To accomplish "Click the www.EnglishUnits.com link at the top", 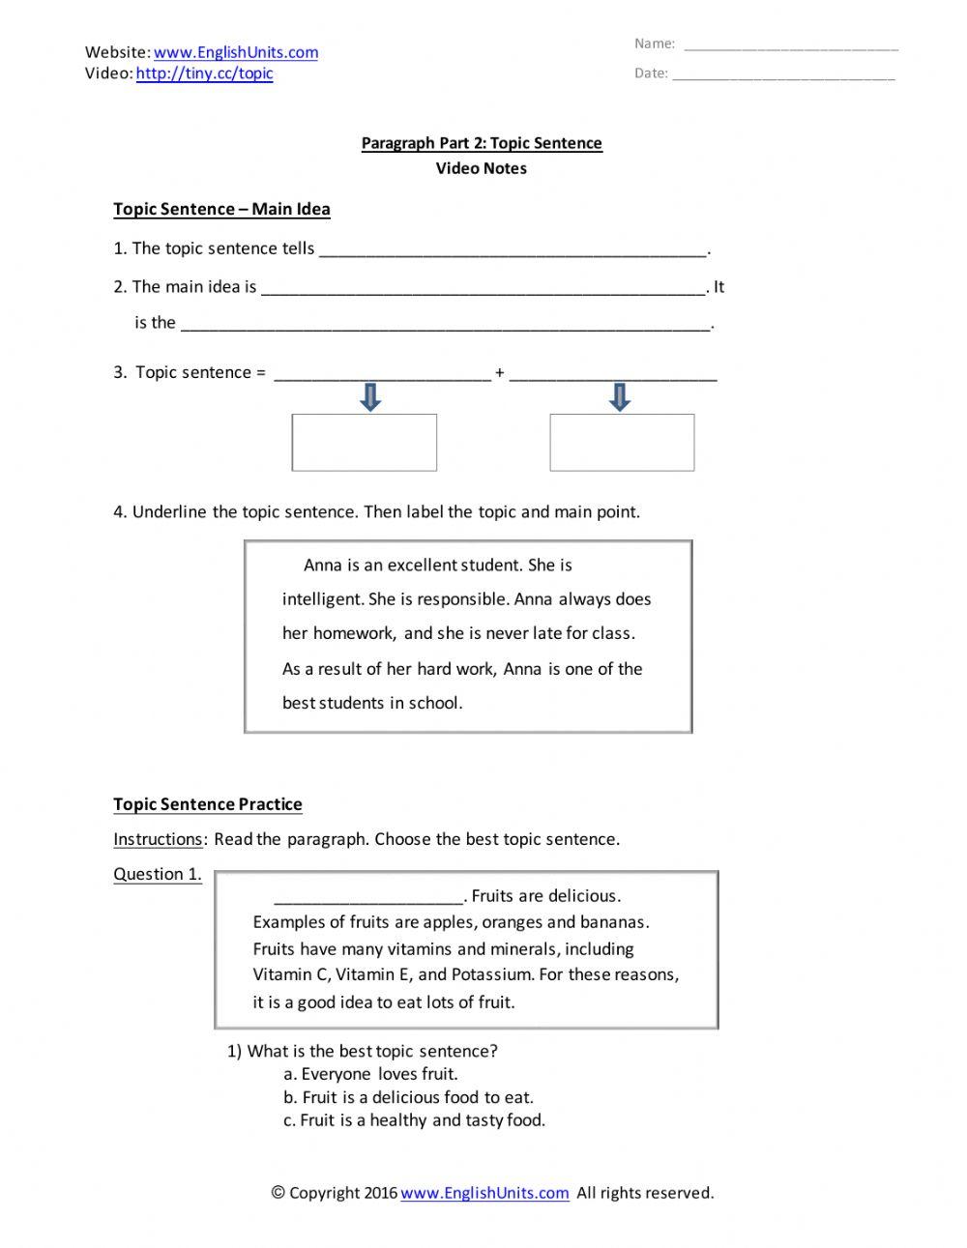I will coord(235,52).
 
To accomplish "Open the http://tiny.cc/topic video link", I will coord(204,73).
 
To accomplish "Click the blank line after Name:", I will coord(790,44).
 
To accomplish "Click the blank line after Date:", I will coord(783,74).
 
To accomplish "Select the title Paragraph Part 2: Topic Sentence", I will coord(482,143).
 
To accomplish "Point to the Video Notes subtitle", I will coord(481,168).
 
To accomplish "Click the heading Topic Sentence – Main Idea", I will coord(221,209).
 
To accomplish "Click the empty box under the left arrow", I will coord(365,443).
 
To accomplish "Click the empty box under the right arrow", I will coord(622,443).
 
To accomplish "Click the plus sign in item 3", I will coord(500,373).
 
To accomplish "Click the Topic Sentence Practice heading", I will coord(208,804).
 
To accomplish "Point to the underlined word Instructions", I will coord(158,839).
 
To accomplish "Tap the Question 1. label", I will coord(158,874).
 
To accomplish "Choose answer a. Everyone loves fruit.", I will coord(370,1074).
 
